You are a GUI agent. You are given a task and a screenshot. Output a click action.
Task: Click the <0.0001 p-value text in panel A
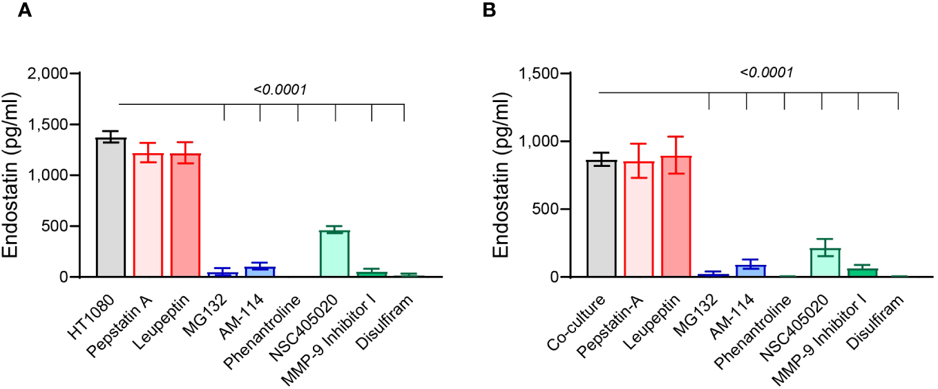click(280, 90)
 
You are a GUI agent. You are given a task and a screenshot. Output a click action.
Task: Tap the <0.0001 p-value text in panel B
click(765, 72)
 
